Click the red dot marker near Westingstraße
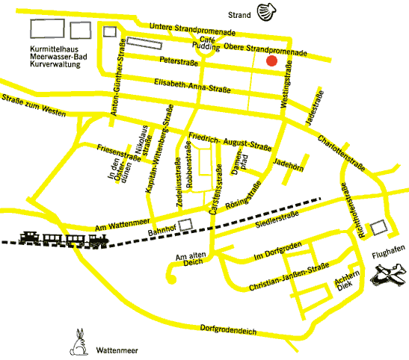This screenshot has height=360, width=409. (272, 61)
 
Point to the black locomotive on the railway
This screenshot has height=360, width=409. (96, 239)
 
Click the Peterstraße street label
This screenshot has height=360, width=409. (179, 60)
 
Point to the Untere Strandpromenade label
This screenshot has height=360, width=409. (193, 27)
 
